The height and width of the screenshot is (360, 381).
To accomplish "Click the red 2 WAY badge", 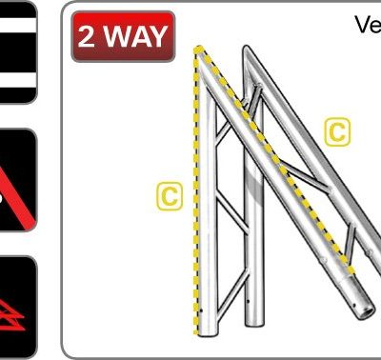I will (122, 37).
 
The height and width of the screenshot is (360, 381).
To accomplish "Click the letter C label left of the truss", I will (169, 196).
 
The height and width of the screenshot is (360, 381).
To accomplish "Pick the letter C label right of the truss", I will (337, 131).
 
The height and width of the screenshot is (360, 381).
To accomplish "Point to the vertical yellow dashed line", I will (195, 190).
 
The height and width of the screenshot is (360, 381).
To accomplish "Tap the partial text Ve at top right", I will (368, 25).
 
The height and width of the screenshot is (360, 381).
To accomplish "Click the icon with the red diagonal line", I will (17, 181).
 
